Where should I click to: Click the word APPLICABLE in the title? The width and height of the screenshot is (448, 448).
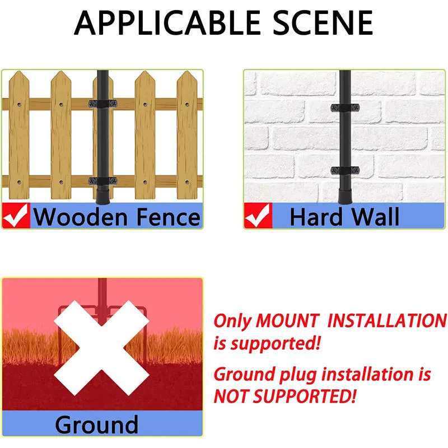coord(167,22)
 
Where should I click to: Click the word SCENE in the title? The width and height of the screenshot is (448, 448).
coord(323,22)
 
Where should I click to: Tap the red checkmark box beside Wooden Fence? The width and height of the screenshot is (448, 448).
coord(16,216)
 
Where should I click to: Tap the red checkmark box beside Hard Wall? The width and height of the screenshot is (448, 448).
coord(258,216)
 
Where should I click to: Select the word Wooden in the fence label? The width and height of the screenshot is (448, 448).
coord(81,217)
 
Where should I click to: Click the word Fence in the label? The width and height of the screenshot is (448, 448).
coord(169,217)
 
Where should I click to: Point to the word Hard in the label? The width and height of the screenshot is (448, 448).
coord(316,217)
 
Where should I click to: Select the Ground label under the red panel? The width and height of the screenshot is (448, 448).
coord(96,425)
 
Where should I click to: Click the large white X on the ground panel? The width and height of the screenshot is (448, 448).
coord(102,348)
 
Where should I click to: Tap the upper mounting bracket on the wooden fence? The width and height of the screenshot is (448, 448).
coord(103,104)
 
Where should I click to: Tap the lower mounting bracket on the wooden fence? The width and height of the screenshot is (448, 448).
coord(103,181)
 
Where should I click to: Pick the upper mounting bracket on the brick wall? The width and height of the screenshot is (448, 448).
coord(345,108)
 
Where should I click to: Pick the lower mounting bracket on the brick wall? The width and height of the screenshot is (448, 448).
coord(345,171)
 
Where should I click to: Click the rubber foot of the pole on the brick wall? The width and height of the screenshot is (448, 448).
coord(345,195)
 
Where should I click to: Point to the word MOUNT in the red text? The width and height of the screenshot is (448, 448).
coord(287,320)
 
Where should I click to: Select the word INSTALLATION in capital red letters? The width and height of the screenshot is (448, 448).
coord(387,320)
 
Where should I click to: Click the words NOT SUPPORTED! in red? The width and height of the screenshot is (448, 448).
coord(285,396)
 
